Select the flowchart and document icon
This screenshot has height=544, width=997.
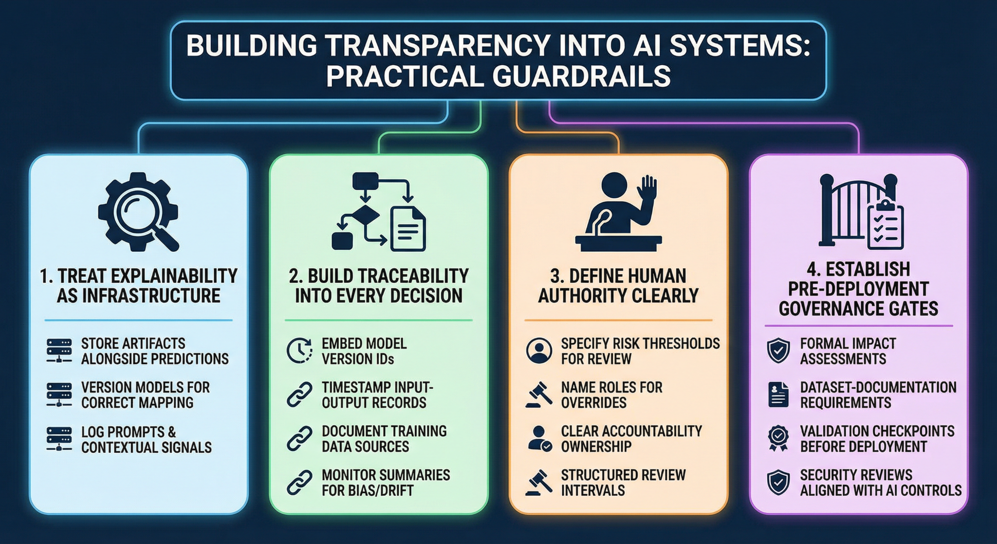coord(379,212)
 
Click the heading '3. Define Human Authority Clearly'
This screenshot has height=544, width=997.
coord(618,286)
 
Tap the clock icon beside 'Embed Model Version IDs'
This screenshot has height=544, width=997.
coord(299,351)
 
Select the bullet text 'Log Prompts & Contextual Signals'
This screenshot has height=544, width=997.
coord(146,439)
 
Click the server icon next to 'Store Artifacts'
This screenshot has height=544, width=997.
coord(59,351)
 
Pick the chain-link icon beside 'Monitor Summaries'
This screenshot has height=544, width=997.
coord(299,483)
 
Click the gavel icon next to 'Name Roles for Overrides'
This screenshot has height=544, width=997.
coord(539,395)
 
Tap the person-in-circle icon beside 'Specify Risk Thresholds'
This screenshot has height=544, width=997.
coord(539,351)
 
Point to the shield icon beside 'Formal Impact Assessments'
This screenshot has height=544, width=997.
coord(778,351)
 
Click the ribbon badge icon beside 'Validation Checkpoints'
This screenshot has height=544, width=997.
coord(778,438)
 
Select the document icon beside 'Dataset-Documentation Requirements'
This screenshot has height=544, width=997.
coord(778,395)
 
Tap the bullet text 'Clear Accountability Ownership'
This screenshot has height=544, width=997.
coord(631,439)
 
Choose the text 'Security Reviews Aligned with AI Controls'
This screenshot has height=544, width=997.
coord(880,483)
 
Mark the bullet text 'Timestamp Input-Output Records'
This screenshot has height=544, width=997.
coord(377,395)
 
